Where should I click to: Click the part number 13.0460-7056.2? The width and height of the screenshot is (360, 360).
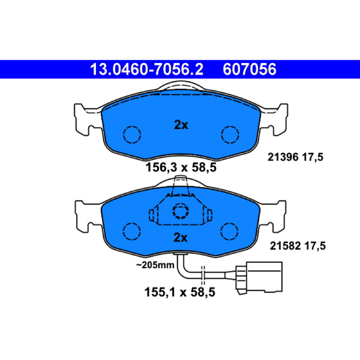click(x=147, y=69)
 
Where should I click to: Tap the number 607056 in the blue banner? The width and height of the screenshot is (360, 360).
click(x=249, y=69)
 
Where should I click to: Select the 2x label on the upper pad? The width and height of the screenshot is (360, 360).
click(x=181, y=125)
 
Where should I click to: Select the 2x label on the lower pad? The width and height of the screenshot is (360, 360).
click(x=180, y=238)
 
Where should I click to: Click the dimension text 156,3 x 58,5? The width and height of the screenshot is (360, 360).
click(x=181, y=167)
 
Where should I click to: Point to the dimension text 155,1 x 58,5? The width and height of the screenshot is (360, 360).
click(x=180, y=292)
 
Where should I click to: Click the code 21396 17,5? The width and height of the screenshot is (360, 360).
click(x=295, y=157)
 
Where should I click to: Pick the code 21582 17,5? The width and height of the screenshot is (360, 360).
click(x=297, y=246)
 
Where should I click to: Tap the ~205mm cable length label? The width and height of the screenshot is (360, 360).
click(x=155, y=265)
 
